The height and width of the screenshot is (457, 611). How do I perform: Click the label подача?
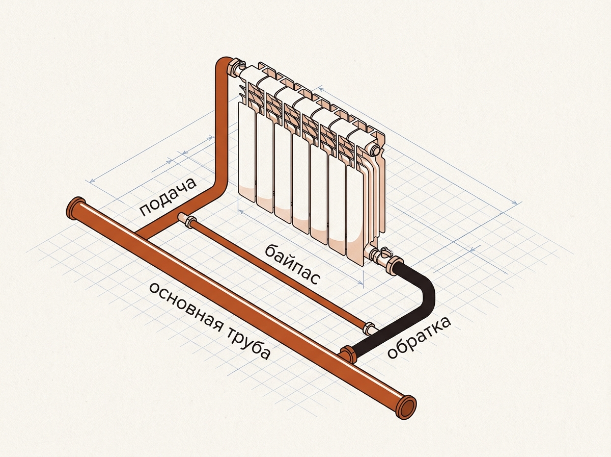pyautogui.click(x=169, y=196)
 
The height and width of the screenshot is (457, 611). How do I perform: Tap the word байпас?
pyautogui.click(x=291, y=264)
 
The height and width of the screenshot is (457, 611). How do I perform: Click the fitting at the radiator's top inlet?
pyautogui.click(x=237, y=67)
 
